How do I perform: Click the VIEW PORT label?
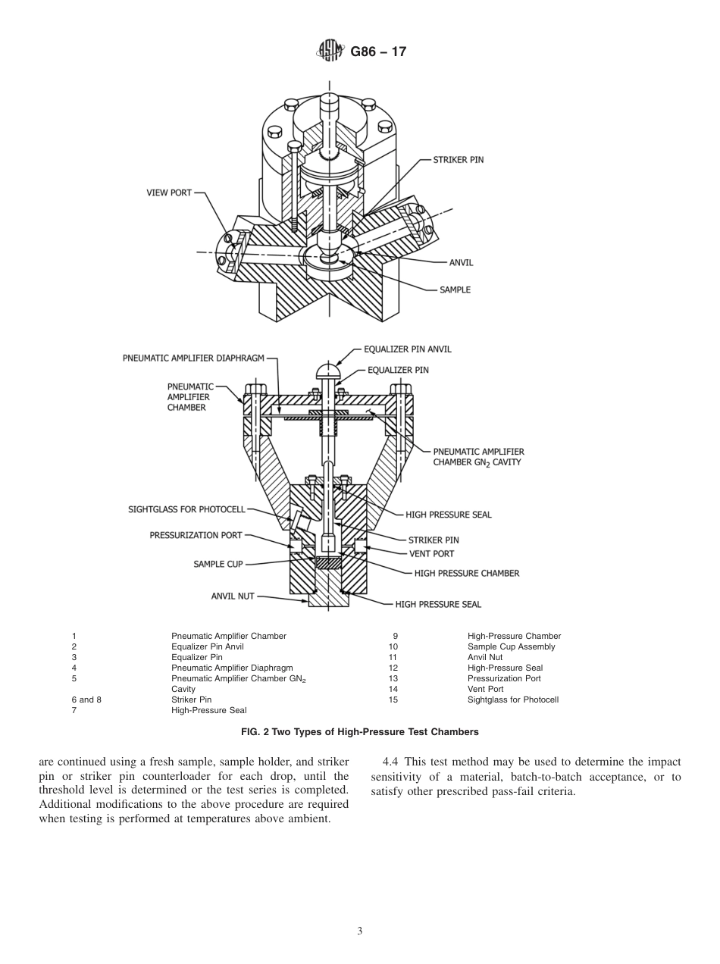point(169,193)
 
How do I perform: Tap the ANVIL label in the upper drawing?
point(461,263)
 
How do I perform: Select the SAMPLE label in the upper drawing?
point(455,290)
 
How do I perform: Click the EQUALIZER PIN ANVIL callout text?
point(408,349)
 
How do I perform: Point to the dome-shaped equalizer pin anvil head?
point(327,372)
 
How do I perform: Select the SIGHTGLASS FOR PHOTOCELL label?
point(186,510)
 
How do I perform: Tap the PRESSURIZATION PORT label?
point(196,535)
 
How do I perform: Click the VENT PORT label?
point(431,554)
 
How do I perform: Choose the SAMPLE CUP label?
point(218,564)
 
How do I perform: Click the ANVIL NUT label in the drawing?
point(233,596)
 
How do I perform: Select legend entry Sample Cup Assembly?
point(511,646)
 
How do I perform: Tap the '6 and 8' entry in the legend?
point(86,700)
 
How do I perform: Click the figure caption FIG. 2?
point(359,731)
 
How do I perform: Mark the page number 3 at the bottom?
point(359,931)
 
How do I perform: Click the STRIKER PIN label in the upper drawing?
point(458,160)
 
